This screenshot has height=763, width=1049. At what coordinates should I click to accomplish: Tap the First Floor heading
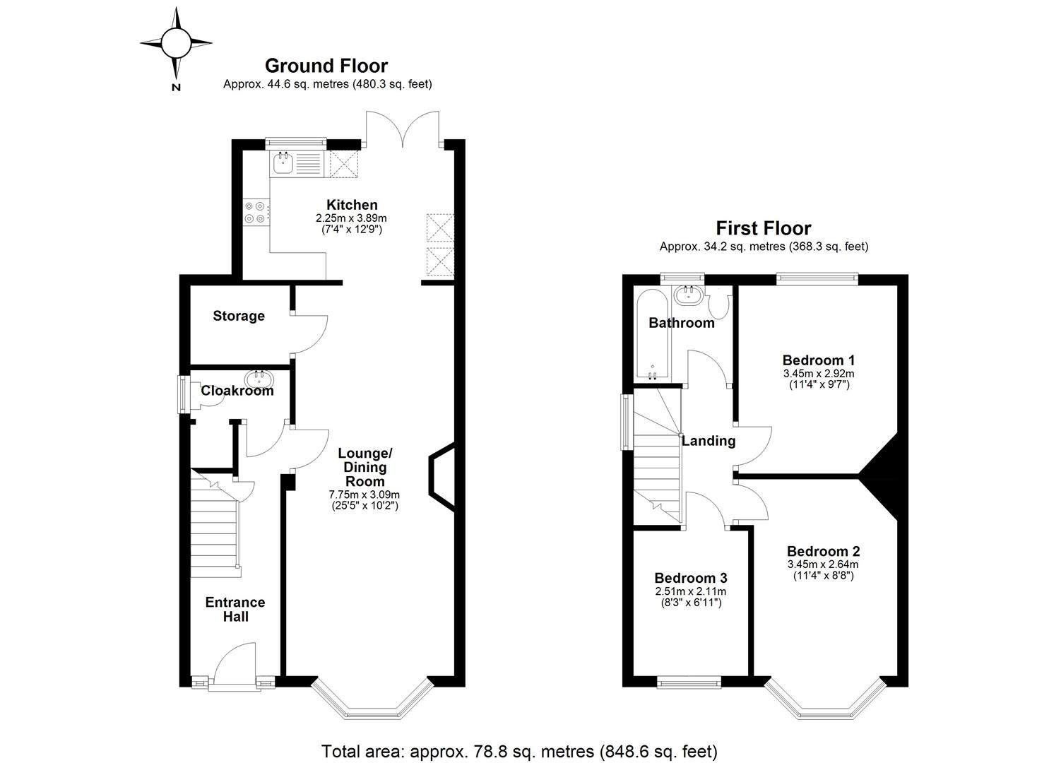(763, 228)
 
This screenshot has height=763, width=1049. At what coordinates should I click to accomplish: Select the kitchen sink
(282, 164)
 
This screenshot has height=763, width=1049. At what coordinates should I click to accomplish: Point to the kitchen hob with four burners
(256, 213)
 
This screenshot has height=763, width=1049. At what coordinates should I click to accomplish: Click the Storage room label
(239, 316)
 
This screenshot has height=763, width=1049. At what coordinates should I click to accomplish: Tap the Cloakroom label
(237, 391)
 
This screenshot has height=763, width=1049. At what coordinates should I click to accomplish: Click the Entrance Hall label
(235, 609)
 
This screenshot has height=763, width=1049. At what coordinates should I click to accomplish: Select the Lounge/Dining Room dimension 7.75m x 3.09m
(365, 495)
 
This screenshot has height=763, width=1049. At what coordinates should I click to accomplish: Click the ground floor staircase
(215, 523)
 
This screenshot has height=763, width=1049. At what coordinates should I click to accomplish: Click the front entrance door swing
(234, 664)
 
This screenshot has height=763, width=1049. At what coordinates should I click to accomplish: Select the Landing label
(708, 441)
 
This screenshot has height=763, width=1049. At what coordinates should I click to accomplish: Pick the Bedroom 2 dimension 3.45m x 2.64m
(823, 564)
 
